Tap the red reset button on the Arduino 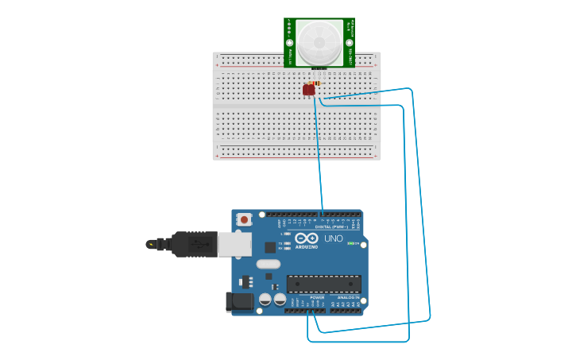(x=245, y=219)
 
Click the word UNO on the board (x=333, y=238)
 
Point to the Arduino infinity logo (x=306, y=238)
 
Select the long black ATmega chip (x=323, y=284)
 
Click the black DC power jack (x=239, y=301)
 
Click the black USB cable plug (x=191, y=244)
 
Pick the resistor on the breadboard (x=317, y=83)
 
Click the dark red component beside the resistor (x=308, y=90)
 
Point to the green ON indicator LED (x=350, y=243)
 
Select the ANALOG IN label (x=349, y=297)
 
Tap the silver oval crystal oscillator (x=269, y=264)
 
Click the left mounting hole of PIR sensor (x=290, y=43)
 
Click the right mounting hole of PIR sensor (x=349, y=43)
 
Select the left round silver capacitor (x=265, y=299)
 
